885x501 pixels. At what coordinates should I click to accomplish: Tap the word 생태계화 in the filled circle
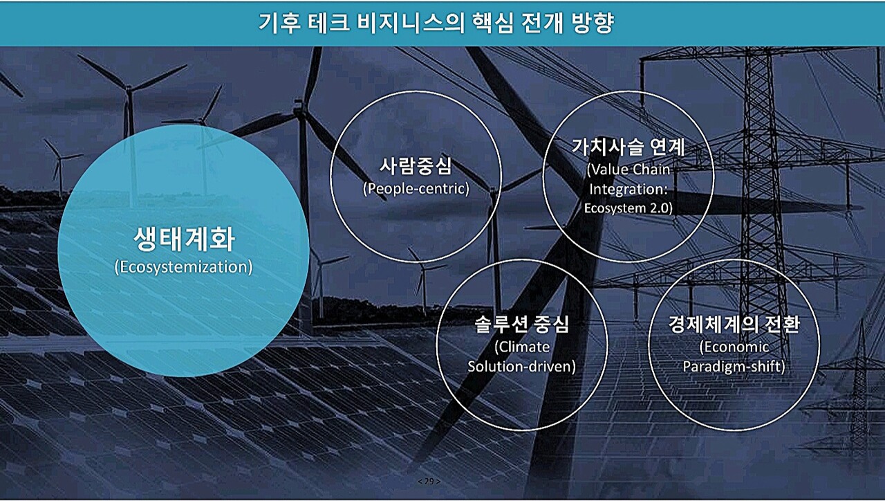(x=183, y=239)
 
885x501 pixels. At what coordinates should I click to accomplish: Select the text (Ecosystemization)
(x=183, y=267)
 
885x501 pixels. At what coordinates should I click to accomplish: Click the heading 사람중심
(x=416, y=166)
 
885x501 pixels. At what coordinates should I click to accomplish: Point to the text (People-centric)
(x=416, y=188)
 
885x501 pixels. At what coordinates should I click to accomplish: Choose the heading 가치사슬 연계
(x=628, y=147)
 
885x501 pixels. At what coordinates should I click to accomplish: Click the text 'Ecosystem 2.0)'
(x=628, y=207)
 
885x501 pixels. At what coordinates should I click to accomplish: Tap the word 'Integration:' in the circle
(x=628, y=188)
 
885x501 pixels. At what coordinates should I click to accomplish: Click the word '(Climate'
(x=522, y=346)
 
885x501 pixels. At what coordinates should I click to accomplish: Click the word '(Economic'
(x=734, y=346)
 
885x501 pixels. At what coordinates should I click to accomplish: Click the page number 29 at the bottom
(x=429, y=481)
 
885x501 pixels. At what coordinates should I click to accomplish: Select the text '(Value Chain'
(x=628, y=170)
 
